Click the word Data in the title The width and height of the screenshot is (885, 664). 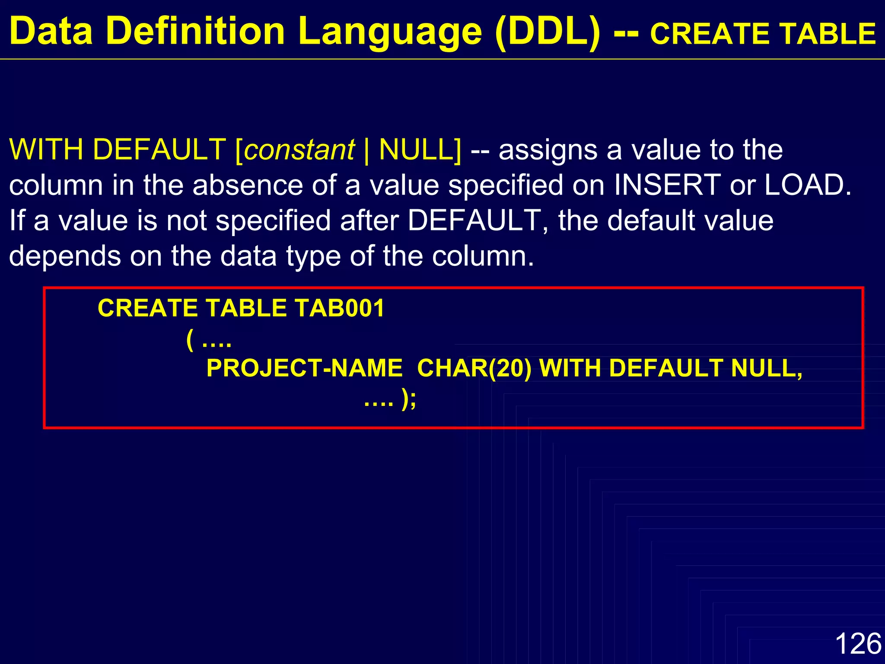click(x=51, y=31)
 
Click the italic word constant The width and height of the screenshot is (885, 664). click(x=299, y=150)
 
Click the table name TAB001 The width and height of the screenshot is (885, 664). click(x=339, y=309)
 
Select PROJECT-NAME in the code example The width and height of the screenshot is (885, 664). click(x=304, y=368)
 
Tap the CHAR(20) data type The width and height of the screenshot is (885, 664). click(x=474, y=368)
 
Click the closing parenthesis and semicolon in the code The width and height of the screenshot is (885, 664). click(x=408, y=399)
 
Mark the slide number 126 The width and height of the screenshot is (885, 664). click(x=858, y=644)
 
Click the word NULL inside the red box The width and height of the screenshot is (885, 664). click(x=766, y=368)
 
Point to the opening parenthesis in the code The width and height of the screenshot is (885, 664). click(x=190, y=340)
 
